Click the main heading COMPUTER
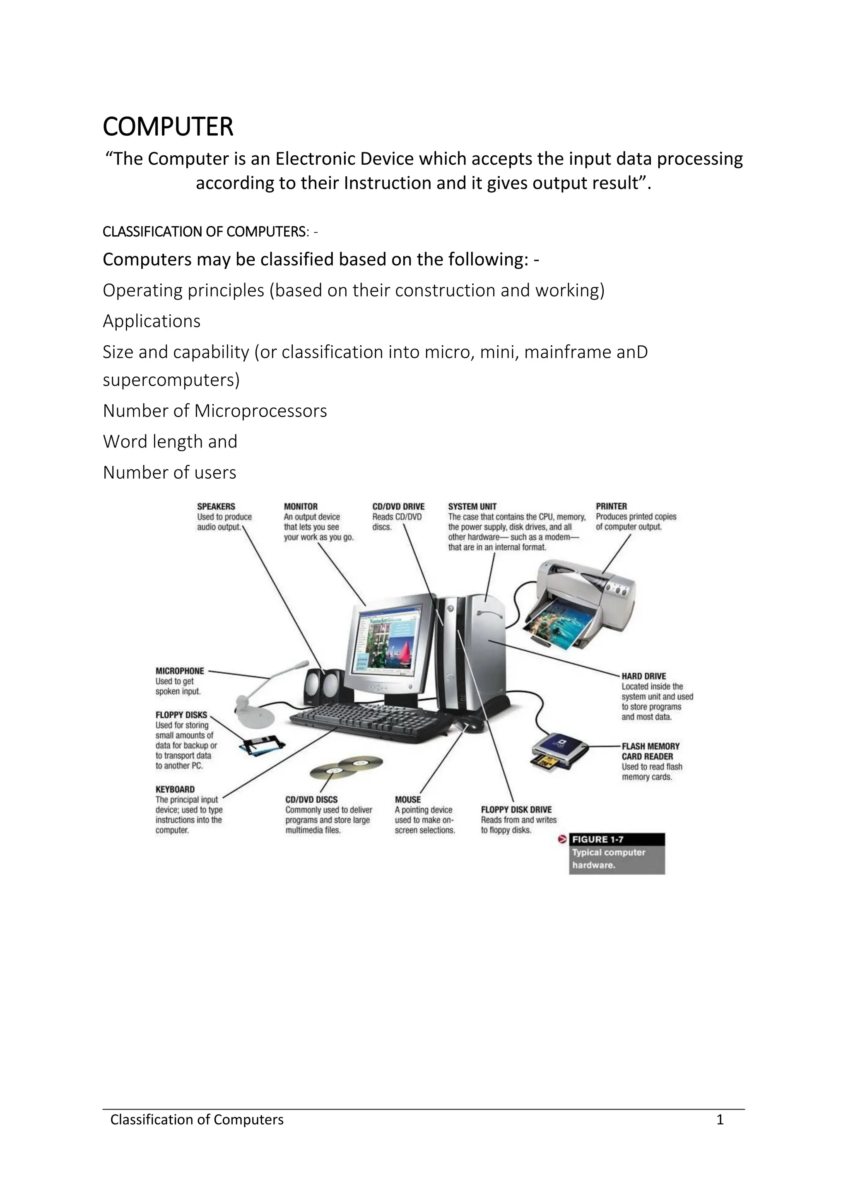pos(168,127)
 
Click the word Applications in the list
pos(152,321)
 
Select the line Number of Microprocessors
pos(214,411)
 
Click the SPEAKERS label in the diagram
pos(216,506)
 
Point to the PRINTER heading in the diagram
pos(611,506)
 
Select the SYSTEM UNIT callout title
pos(472,506)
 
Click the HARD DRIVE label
pos(643,676)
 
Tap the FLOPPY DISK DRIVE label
pos(516,810)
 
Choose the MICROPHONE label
pos(180,671)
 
